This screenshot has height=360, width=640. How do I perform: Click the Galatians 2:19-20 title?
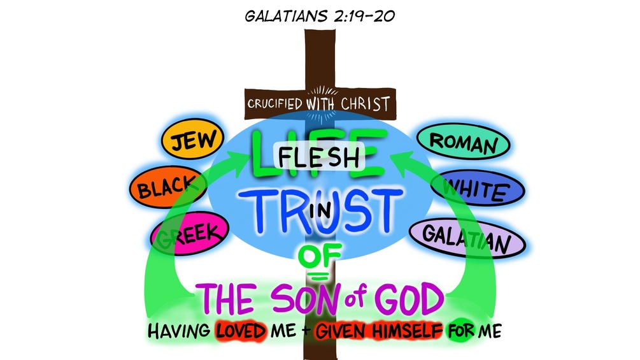coord(320,15)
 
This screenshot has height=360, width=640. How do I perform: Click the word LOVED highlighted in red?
coord(243,332)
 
